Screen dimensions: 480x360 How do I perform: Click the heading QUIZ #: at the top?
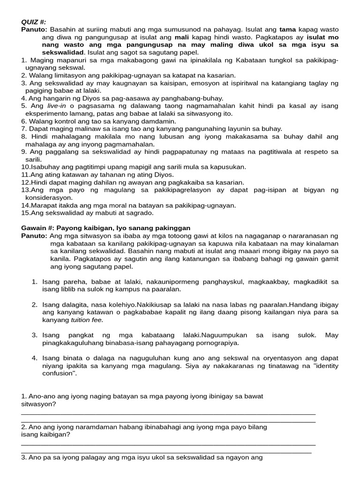(34, 22)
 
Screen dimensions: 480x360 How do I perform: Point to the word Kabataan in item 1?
(252, 60)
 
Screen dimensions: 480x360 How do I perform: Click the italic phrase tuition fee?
(86, 320)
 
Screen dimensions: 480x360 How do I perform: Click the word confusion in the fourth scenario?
(57, 374)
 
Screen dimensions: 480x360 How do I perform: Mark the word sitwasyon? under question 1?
(38, 404)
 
